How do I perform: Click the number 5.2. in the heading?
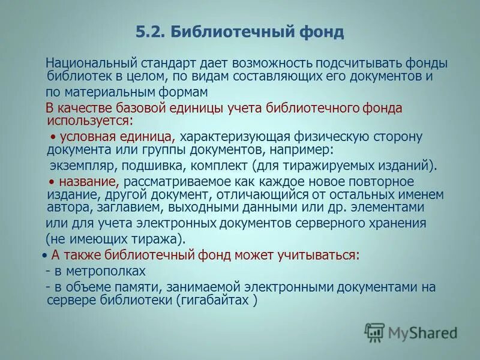coord(151,32)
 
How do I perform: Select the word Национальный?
coord(92,62)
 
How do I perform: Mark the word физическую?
coord(321,136)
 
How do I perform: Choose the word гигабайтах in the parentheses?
coord(220,299)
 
